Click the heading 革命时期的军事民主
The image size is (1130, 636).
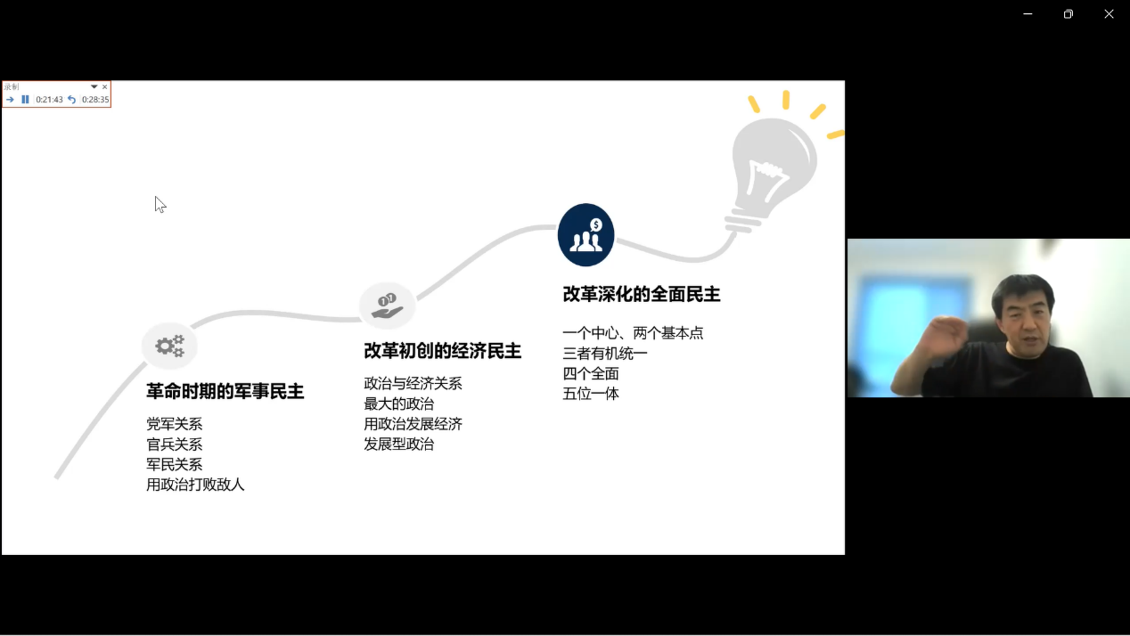(x=225, y=391)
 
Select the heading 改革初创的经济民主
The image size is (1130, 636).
(x=442, y=351)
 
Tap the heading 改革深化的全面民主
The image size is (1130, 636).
(x=641, y=294)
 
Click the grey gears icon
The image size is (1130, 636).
(x=169, y=346)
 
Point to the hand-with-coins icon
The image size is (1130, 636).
(x=387, y=306)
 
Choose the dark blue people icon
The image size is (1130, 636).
(x=585, y=235)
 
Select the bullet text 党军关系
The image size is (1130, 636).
(x=174, y=424)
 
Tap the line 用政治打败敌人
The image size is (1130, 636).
(x=195, y=485)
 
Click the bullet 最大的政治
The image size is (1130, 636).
(x=398, y=404)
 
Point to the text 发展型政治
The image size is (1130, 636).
(x=398, y=444)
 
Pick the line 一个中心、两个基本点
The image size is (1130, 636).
(x=633, y=333)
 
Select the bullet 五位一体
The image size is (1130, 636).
(x=591, y=394)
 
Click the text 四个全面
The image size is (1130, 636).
(x=591, y=374)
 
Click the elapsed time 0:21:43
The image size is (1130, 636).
(x=49, y=100)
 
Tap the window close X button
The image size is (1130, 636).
(x=1109, y=14)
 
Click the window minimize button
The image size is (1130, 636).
(x=1028, y=14)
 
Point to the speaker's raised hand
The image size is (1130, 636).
(x=944, y=337)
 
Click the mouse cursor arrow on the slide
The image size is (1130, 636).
(x=160, y=204)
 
